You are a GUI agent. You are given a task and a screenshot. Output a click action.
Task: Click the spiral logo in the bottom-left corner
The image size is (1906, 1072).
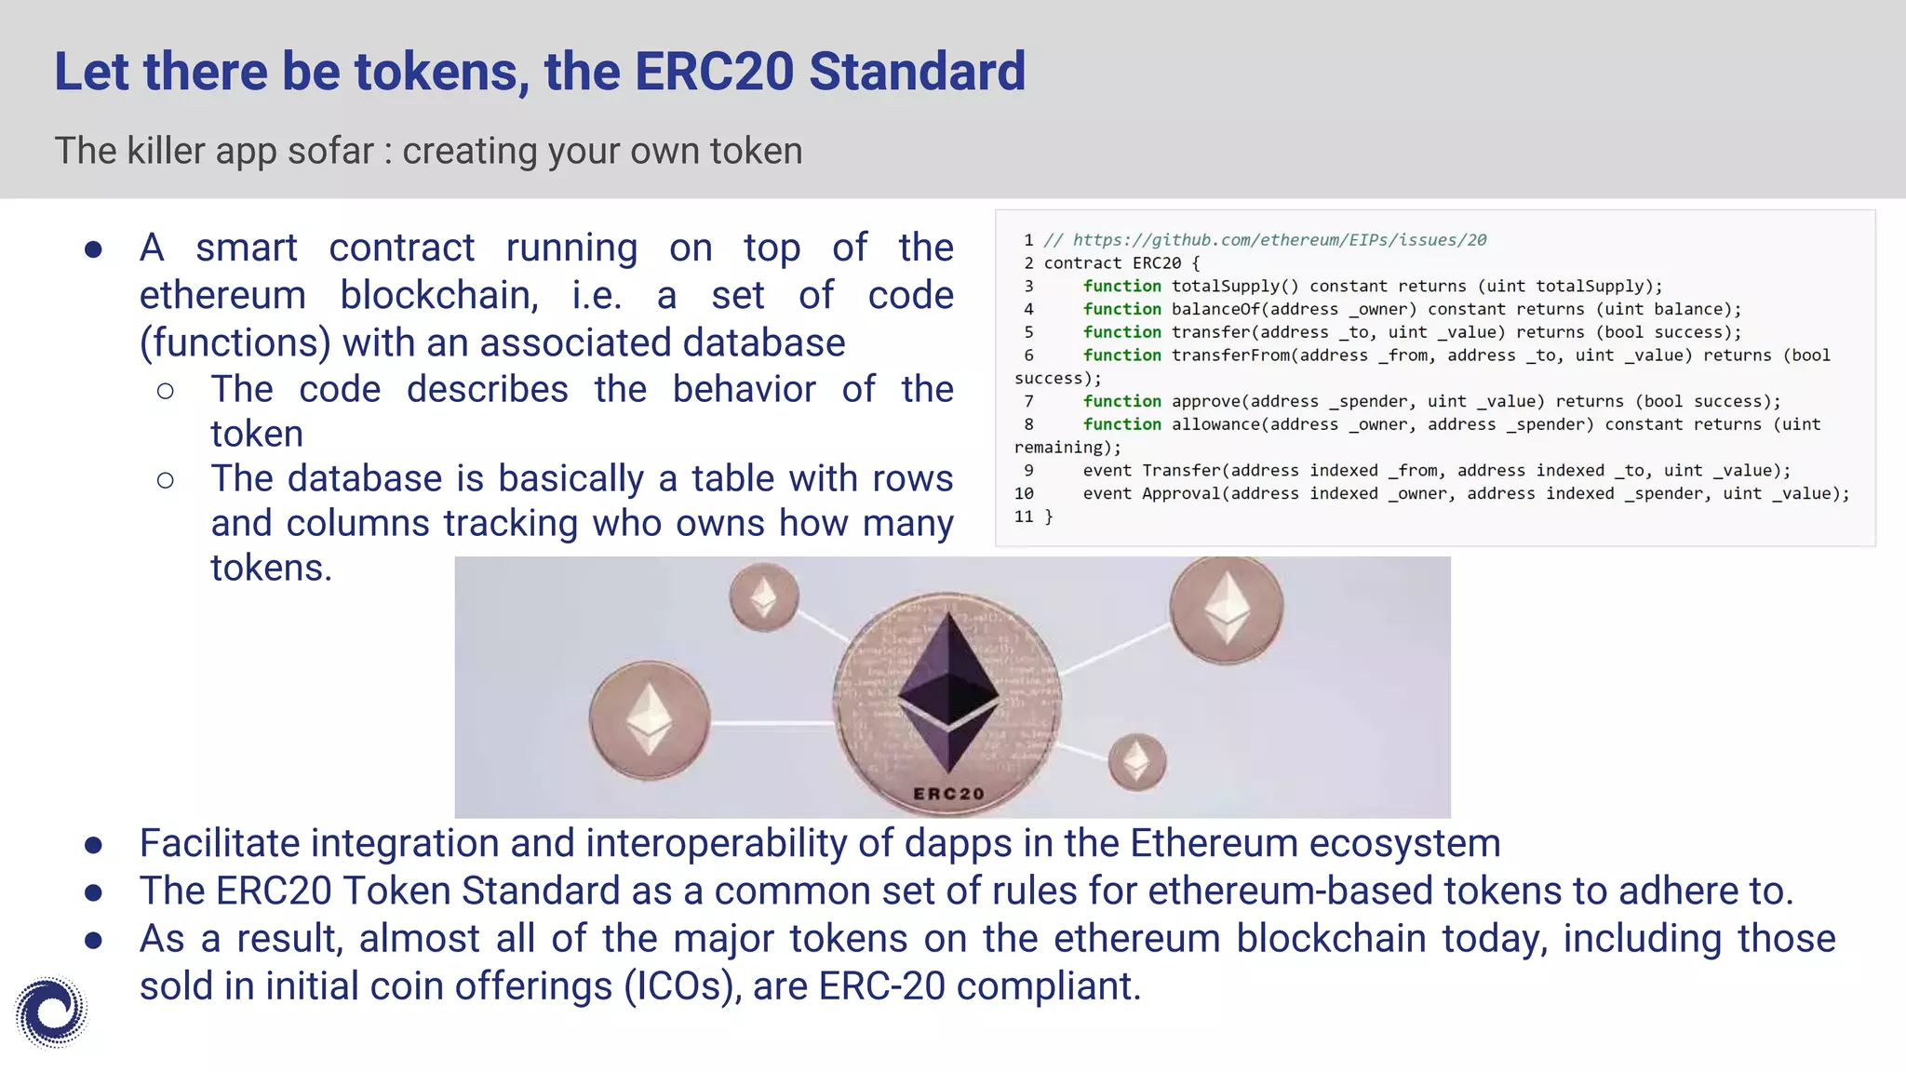(51, 1012)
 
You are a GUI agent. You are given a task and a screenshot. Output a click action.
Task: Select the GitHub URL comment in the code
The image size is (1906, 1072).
(1266, 240)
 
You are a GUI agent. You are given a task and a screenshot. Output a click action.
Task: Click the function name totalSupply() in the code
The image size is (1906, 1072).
(1234, 287)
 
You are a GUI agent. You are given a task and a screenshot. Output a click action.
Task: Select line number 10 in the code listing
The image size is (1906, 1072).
(1024, 493)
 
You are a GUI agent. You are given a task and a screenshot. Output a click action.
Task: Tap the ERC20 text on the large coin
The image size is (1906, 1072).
(948, 794)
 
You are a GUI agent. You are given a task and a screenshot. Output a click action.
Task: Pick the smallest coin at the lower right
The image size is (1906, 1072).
(1136, 761)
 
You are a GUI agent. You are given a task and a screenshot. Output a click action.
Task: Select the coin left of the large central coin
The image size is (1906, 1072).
(650, 719)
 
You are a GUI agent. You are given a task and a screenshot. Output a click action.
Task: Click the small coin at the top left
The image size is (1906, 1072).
(763, 596)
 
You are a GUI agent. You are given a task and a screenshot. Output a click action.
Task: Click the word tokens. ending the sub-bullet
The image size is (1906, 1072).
(271, 568)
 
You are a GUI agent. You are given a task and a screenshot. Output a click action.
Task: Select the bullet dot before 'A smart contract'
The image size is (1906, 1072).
(93, 249)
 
